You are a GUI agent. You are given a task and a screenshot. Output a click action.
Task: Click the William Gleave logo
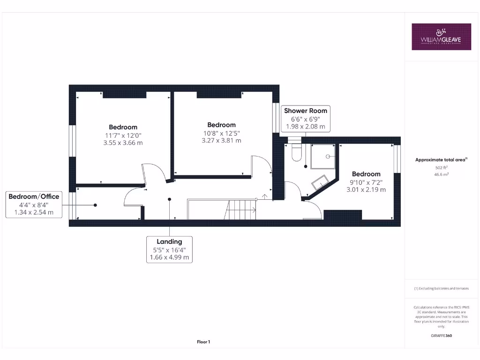click(441, 37)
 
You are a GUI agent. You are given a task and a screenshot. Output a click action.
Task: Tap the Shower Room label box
click(306, 119)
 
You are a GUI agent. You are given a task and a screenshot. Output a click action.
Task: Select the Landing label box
click(169, 249)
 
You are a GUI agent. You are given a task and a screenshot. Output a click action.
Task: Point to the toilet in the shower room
click(297, 152)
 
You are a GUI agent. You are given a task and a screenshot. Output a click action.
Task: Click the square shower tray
click(323, 156)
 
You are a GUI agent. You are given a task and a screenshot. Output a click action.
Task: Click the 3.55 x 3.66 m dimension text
click(123, 143)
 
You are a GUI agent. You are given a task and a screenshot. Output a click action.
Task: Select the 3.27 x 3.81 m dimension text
click(221, 140)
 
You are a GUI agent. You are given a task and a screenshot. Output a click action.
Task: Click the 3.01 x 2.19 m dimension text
click(366, 190)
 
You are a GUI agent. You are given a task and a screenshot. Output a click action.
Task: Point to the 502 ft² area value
click(441, 167)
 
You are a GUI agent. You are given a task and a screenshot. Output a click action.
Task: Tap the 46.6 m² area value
click(441, 174)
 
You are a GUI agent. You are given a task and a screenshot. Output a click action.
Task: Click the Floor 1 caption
click(203, 342)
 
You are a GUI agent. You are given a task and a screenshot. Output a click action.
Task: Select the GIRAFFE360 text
click(441, 336)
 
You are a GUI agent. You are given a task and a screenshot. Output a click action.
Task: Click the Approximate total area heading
click(441, 160)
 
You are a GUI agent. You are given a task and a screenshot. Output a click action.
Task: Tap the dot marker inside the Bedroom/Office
click(95, 205)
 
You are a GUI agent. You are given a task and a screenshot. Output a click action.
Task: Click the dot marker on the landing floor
click(170, 199)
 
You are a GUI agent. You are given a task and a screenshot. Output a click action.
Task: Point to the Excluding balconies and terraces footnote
click(441, 289)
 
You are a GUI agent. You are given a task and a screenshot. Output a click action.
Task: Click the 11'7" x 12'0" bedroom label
click(123, 135)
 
